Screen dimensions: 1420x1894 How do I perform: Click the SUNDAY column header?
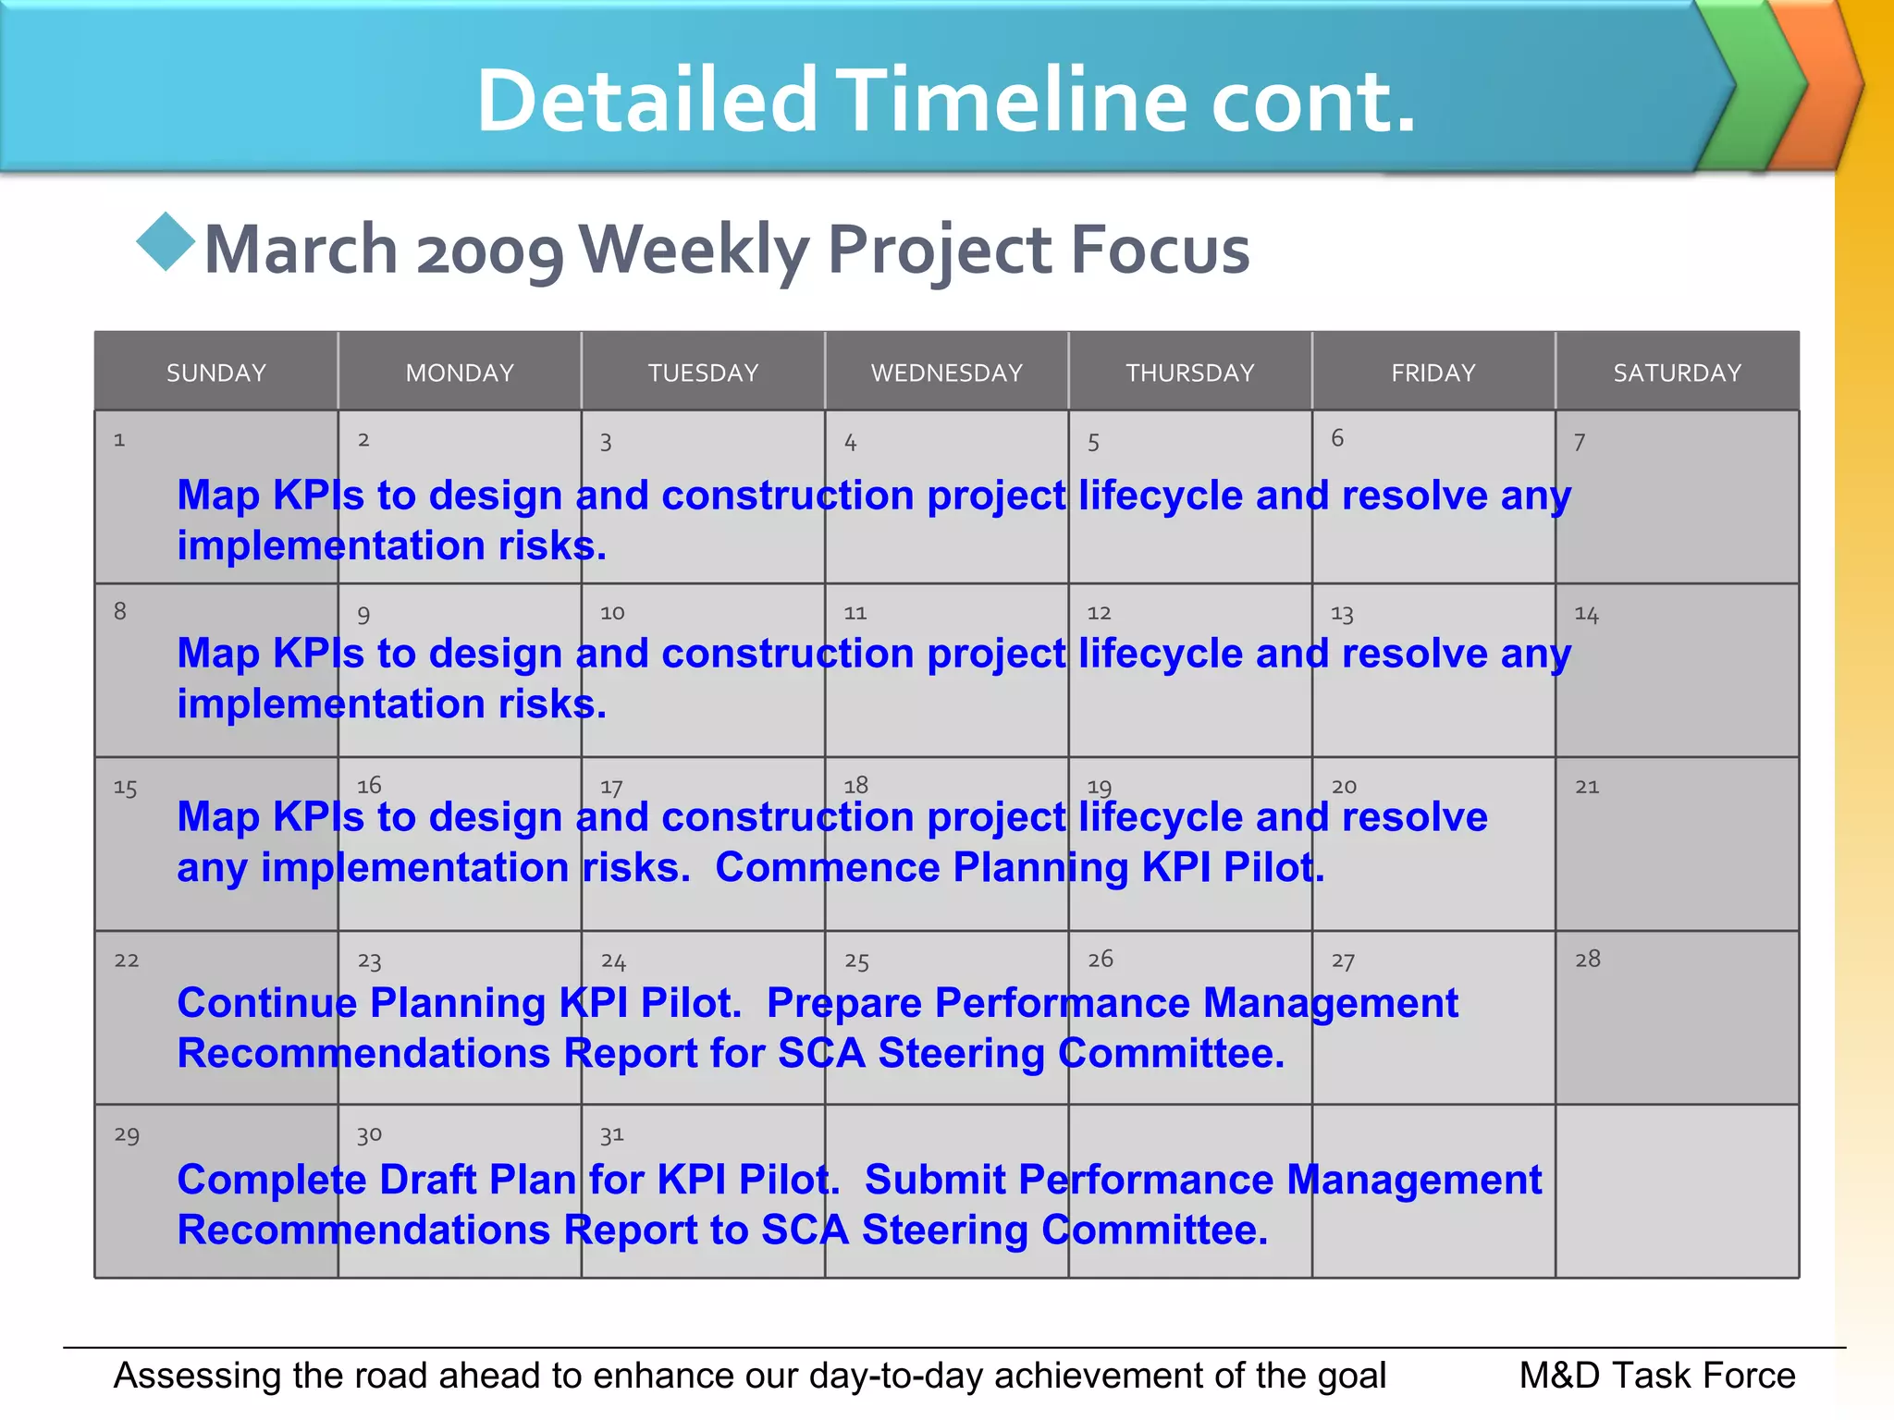(x=216, y=373)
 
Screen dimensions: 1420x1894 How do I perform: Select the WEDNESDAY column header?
(x=947, y=373)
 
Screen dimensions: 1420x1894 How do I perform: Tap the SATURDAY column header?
(x=1677, y=373)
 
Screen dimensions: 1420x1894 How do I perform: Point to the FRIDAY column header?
(x=1433, y=373)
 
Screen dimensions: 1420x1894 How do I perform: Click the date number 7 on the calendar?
(x=1580, y=443)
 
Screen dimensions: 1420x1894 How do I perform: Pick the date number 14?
(x=1587, y=615)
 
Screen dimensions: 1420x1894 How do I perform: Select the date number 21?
(x=1587, y=787)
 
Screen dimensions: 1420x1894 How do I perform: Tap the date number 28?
(x=1588, y=960)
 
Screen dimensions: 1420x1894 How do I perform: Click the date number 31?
(x=612, y=1134)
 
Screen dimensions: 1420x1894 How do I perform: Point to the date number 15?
(x=126, y=789)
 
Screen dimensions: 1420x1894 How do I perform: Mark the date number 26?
(x=1101, y=960)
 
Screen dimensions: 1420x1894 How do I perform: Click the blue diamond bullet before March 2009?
(x=166, y=242)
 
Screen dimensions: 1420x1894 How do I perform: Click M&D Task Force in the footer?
(x=1656, y=1376)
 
